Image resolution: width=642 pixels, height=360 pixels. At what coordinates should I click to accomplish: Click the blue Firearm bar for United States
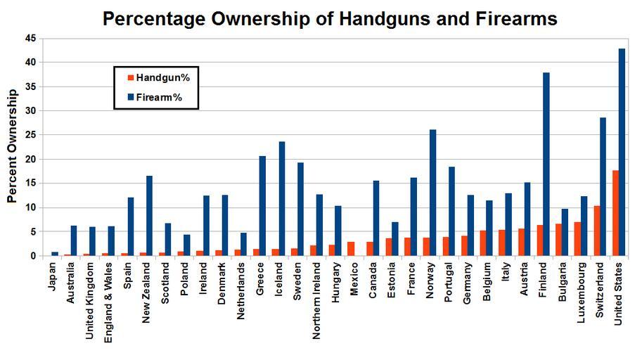click(622, 152)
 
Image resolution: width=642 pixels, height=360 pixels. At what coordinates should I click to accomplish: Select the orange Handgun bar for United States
click(615, 213)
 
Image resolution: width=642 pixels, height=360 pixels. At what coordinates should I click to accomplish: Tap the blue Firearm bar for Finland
click(546, 164)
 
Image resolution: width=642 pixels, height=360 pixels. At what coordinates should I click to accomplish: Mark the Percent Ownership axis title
click(12, 146)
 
